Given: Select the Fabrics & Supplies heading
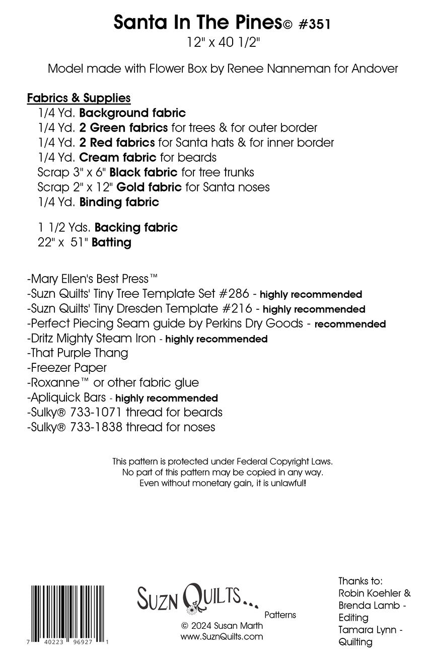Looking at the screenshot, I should tap(79, 97).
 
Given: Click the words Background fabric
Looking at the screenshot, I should tap(132, 113).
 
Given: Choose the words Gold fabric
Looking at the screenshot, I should tap(149, 187).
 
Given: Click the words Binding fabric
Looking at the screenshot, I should tap(119, 203).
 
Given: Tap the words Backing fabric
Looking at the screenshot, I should tap(136, 228).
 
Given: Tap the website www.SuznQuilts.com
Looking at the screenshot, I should tap(222, 637).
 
